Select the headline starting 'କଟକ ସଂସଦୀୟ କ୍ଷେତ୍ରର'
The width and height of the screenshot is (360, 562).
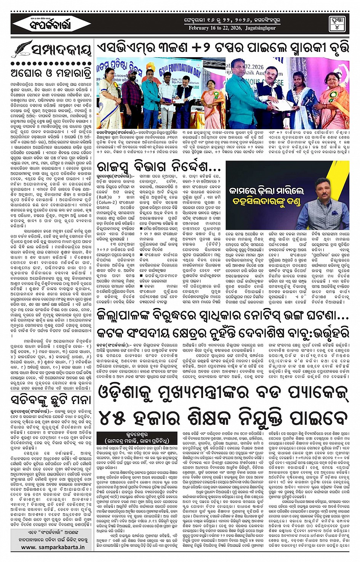(x=223, y=332)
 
